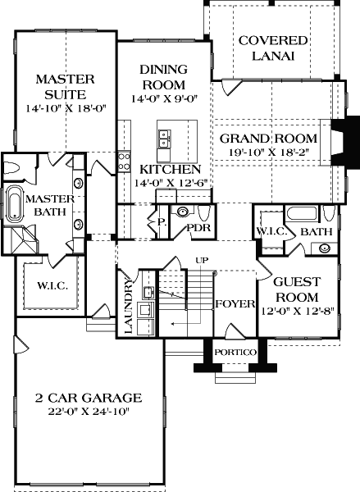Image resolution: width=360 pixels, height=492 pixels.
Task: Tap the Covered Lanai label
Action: (273, 48)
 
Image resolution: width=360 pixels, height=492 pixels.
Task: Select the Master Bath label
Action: (50, 206)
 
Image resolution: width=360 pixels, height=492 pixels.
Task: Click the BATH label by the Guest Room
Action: (315, 232)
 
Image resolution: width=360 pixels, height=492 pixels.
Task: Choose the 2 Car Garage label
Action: (88, 399)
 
